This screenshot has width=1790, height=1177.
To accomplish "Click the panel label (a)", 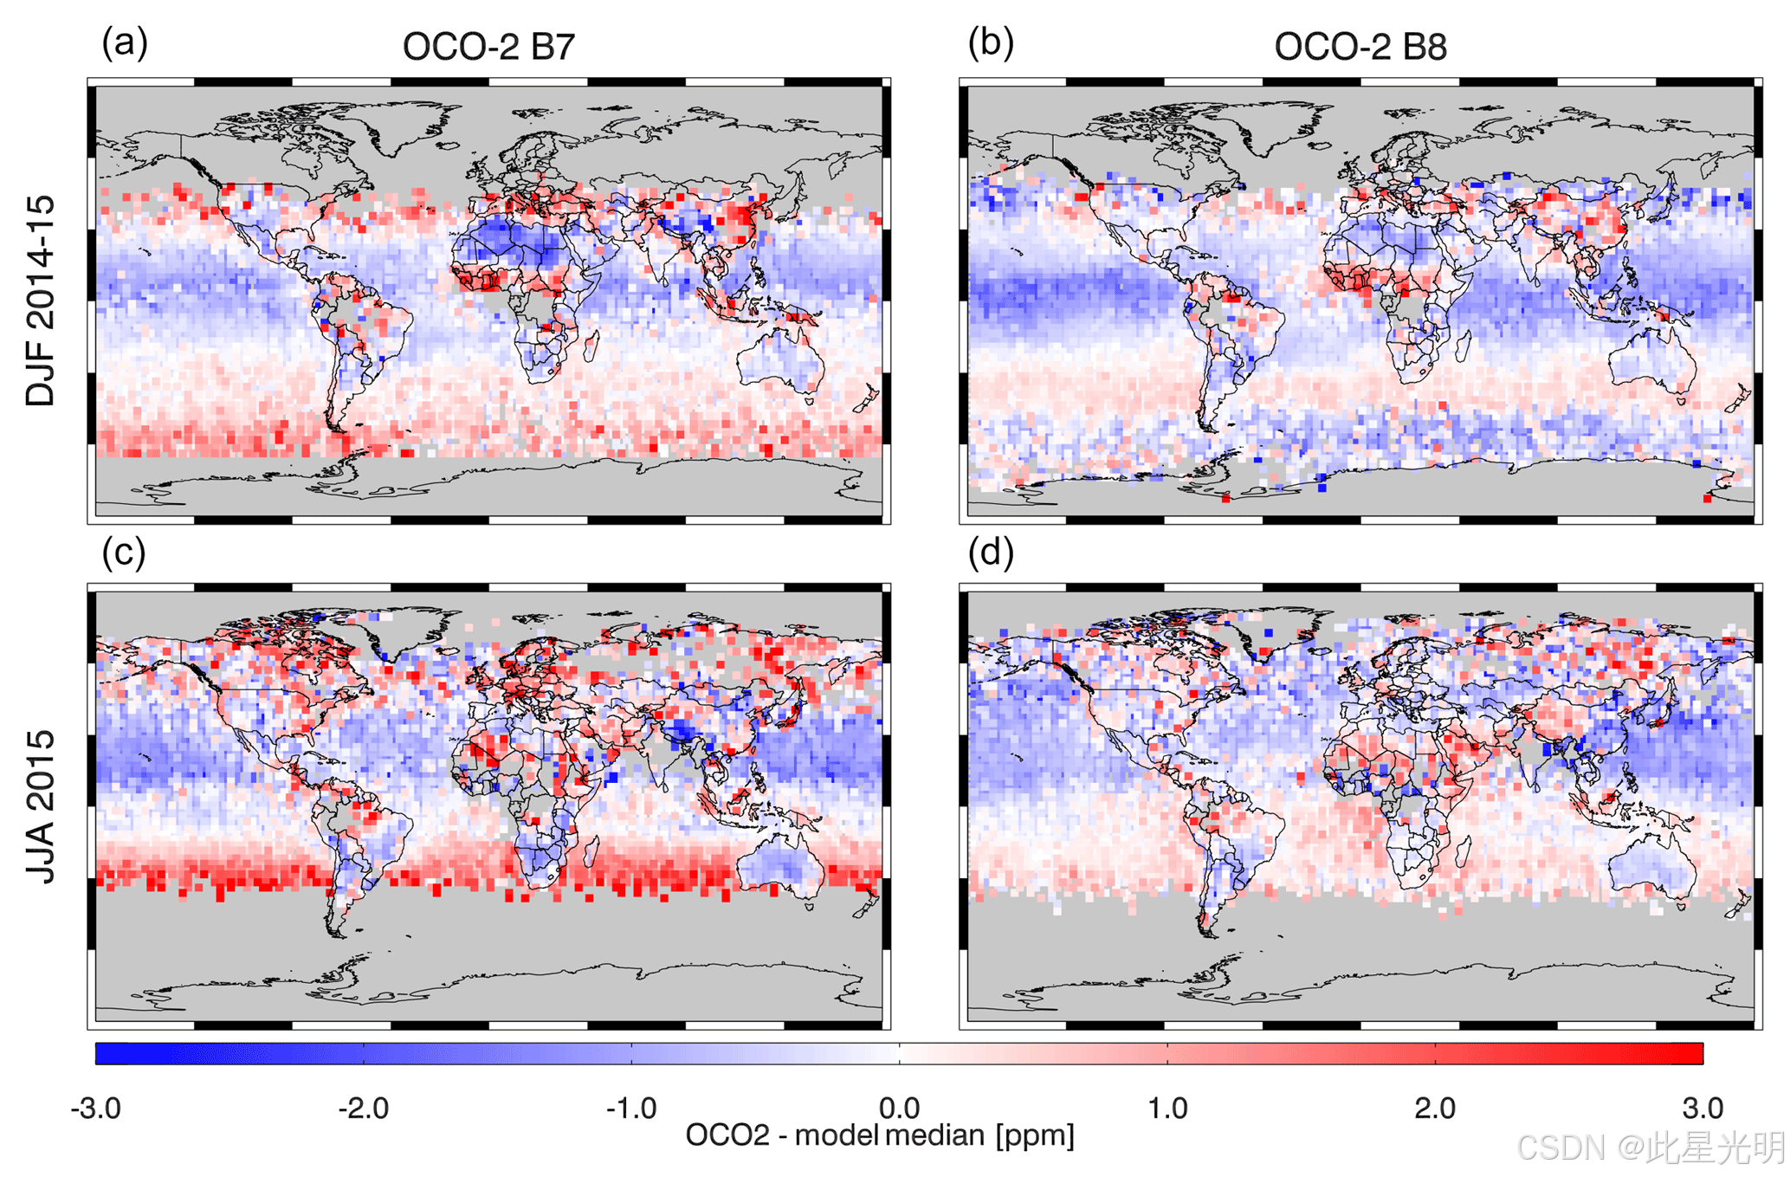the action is (125, 43).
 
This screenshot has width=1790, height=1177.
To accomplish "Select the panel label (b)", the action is (991, 43).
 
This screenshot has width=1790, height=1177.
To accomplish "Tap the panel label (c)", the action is (124, 553).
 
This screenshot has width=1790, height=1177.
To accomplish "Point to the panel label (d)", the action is (991, 553).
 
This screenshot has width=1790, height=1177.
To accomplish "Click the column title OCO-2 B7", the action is (488, 47).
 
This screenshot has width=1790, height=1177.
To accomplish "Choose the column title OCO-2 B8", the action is (1360, 47).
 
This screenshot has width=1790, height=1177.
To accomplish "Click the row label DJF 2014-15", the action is (41, 301).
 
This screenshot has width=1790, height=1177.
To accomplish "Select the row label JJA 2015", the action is (41, 806).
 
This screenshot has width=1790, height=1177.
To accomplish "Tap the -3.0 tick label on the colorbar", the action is (95, 1108).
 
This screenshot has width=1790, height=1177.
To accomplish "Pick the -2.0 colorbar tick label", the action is (363, 1108).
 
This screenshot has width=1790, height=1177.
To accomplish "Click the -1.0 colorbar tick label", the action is (630, 1108).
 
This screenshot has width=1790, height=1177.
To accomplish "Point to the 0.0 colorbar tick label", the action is (899, 1108).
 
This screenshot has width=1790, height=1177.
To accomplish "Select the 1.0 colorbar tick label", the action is (1166, 1108).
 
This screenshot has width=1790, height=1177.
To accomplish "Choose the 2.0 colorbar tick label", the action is (1435, 1108).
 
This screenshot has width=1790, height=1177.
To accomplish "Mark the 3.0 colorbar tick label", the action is (1703, 1108).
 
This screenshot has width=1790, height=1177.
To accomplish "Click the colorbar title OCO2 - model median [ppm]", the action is (880, 1135).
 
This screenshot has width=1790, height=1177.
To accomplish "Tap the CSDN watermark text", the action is (1651, 1148).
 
